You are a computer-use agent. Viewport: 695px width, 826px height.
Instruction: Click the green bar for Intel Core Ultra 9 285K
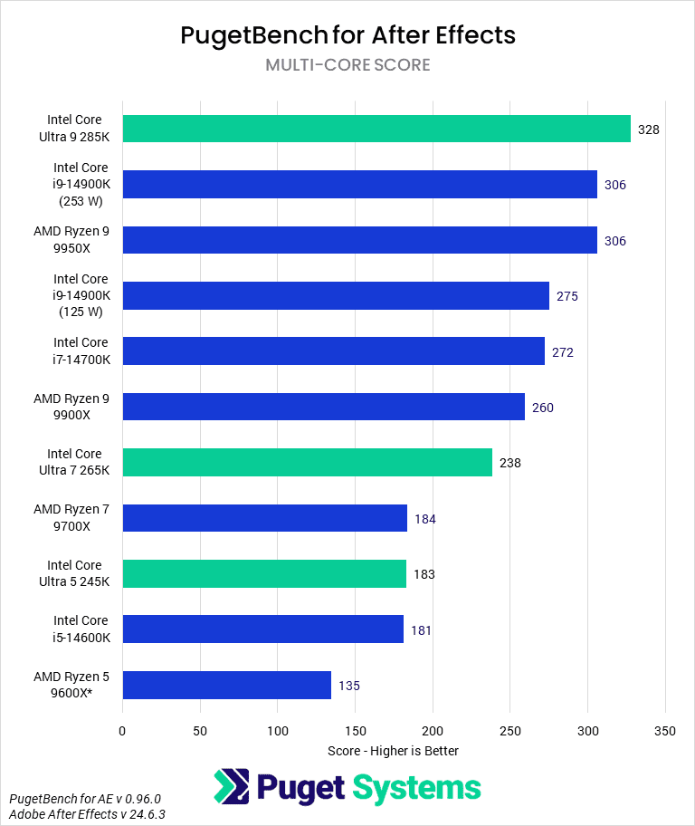[376, 129]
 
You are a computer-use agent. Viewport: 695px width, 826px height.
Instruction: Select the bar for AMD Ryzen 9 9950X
[359, 240]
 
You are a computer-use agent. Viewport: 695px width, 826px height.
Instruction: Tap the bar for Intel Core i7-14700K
[333, 351]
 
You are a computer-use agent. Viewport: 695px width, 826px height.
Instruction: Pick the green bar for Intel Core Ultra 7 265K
[307, 463]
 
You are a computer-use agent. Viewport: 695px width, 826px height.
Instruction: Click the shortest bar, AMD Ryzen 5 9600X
[226, 686]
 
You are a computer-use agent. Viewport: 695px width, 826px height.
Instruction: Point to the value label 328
[648, 130]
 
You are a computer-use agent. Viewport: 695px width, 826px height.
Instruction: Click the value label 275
[566, 296]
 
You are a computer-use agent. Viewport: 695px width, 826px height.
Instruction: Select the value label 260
[542, 408]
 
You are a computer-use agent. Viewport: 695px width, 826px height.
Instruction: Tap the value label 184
[424, 519]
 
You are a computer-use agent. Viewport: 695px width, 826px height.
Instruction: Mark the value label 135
[348, 686]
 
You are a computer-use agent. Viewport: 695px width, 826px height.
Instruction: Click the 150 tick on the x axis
[355, 730]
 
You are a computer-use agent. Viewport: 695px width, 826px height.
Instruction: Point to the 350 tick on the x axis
[665, 730]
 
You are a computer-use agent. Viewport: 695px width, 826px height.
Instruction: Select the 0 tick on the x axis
[122, 730]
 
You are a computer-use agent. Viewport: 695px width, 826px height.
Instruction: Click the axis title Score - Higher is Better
[393, 751]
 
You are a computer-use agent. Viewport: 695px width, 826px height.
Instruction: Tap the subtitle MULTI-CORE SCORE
[347, 65]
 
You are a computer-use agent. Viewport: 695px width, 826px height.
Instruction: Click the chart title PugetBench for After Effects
[347, 34]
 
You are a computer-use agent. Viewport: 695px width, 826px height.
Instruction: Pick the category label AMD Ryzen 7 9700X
[71, 518]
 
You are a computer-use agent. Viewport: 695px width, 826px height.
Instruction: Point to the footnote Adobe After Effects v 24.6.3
[87, 815]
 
